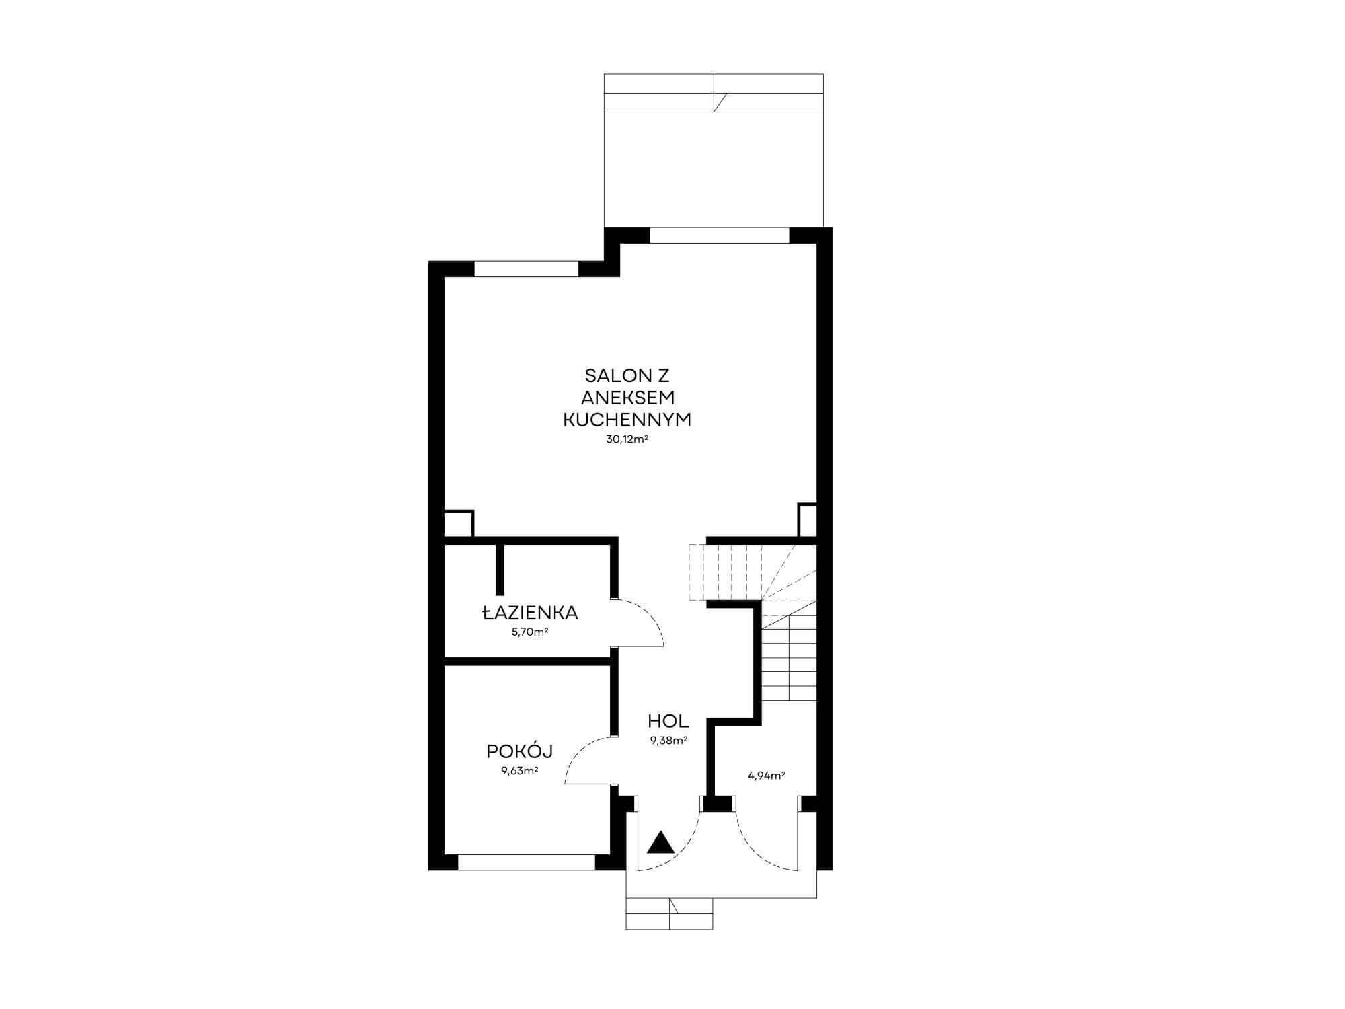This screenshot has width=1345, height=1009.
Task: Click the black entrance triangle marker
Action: pyautogui.click(x=660, y=844)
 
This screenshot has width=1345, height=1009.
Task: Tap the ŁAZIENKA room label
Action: pyautogui.click(x=530, y=613)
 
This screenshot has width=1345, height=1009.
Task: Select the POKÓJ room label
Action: pyautogui.click(x=519, y=751)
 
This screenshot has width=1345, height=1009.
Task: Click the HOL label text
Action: pyautogui.click(x=668, y=722)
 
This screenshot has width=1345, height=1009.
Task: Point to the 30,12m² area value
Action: pyautogui.click(x=627, y=439)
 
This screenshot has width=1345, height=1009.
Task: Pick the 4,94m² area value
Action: pyautogui.click(x=767, y=775)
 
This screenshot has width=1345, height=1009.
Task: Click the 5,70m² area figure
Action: pyautogui.click(x=530, y=632)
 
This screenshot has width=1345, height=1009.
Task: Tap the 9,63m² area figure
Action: pyautogui.click(x=519, y=771)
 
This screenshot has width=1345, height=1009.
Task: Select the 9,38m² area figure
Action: pyautogui.click(x=668, y=741)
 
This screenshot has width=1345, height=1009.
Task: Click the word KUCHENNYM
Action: pyautogui.click(x=627, y=420)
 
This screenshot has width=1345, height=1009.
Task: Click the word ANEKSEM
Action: pyautogui.click(x=627, y=398)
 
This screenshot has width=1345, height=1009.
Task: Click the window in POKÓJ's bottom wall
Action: pyautogui.click(x=527, y=862)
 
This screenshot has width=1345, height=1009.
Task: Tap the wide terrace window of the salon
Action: pyautogui.click(x=719, y=235)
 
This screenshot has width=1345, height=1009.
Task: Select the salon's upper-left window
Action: pyautogui.click(x=527, y=268)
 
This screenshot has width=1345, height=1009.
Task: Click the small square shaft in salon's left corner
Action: pyautogui.click(x=459, y=523)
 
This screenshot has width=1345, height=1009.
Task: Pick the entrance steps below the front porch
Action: pyautogui.click(x=669, y=913)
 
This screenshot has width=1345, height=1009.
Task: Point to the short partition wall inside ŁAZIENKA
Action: pyautogui.click(x=500, y=568)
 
